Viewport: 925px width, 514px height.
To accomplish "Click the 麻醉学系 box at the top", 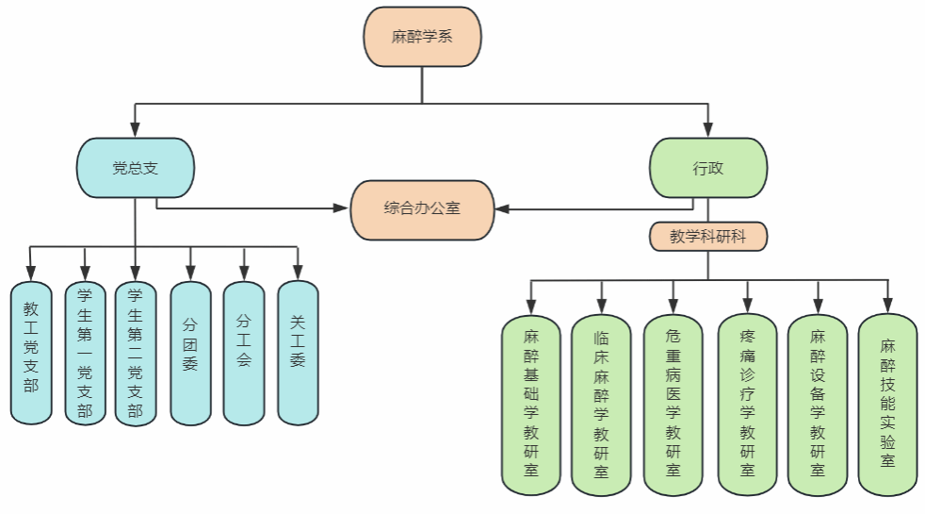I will point(423,38).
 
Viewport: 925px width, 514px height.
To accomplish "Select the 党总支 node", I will point(135,168).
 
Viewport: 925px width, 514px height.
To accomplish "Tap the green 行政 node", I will point(708,168).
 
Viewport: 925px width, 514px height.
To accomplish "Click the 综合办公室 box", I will point(422,208).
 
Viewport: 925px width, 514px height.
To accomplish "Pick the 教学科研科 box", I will point(708,236).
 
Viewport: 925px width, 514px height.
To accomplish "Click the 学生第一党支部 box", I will point(85,353).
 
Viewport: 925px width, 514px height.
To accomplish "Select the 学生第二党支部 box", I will point(136,353).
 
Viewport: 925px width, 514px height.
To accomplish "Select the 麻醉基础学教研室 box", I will point(531,404).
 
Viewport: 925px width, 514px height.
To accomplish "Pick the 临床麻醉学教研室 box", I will point(601,404).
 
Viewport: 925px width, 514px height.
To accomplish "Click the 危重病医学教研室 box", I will point(673,404).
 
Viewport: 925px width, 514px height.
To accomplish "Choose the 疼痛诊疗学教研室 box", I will point(747,404).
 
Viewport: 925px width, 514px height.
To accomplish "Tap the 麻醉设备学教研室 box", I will point(818,404).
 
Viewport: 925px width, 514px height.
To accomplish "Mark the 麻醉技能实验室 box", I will point(887,404).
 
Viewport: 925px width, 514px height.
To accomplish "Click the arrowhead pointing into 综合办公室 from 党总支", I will point(342,207).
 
